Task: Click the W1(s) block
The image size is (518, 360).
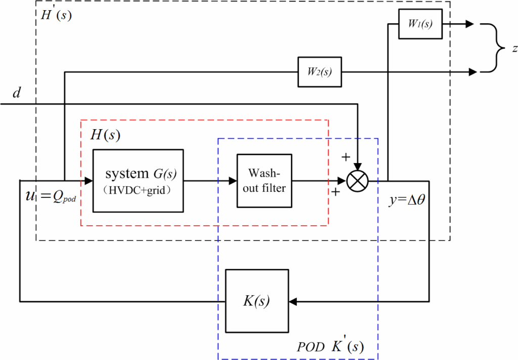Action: click(x=420, y=24)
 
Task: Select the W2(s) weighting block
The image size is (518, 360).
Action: click(x=319, y=72)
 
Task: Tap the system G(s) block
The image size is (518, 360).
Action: click(x=138, y=180)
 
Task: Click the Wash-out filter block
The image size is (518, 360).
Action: click(x=265, y=180)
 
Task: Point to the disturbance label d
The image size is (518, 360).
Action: click(x=16, y=94)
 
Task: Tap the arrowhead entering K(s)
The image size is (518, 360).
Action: click(x=293, y=301)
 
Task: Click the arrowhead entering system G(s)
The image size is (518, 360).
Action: click(x=89, y=180)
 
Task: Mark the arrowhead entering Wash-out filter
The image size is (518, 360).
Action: click(x=233, y=180)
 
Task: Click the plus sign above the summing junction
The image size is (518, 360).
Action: click(x=346, y=157)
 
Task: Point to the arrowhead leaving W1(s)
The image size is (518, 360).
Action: click(x=470, y=24)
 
